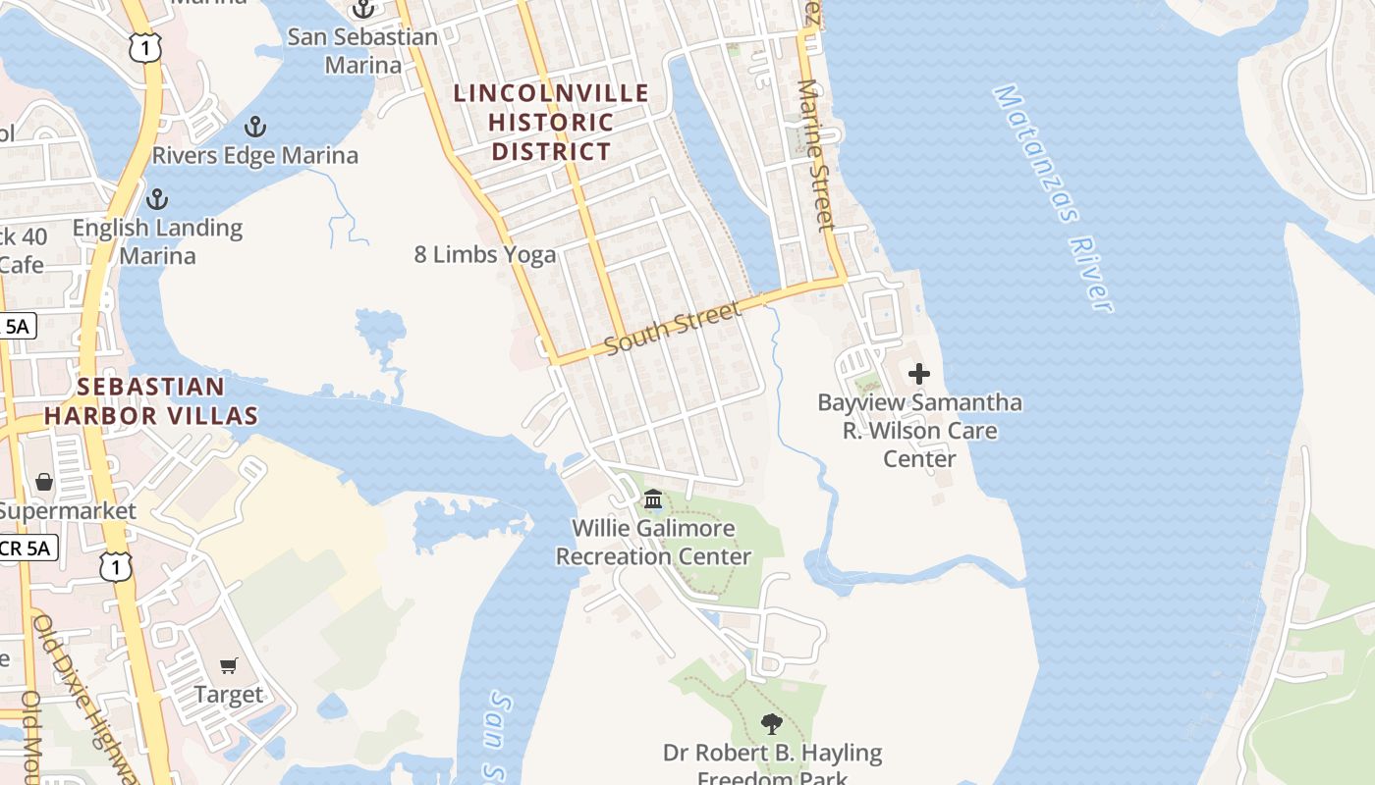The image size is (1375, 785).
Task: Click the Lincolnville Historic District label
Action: coord(551,123)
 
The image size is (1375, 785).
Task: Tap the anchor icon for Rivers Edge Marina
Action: coord(255,127)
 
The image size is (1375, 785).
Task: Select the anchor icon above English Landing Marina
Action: coord(156,200)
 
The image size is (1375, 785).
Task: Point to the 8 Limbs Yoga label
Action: coord(485,255)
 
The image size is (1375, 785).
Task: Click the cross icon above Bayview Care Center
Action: coord(919,374)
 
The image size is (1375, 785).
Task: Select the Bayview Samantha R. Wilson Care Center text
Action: coord(919,431)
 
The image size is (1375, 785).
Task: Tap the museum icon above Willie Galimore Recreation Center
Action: coord(653,500)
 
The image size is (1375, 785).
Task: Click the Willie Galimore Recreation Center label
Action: coord(653,543)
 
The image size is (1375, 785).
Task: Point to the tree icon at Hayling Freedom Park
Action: coord(772,725)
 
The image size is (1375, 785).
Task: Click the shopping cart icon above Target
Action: coord(229,666)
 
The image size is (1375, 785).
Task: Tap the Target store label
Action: coord(229,695)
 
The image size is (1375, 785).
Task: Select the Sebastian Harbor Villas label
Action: coord(151,401)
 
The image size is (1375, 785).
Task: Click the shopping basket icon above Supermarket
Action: coord(44,482)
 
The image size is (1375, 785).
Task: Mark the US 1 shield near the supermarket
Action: coord(115,566)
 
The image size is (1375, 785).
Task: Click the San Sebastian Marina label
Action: coord(363,51)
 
